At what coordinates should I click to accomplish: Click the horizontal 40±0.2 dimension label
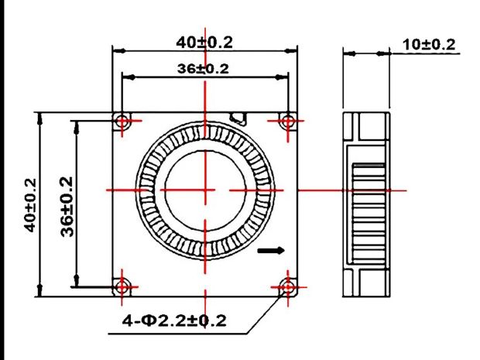tap(204, 43)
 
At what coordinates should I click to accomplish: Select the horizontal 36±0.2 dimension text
tap(203, 69)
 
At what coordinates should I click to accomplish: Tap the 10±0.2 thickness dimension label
tap(429, 45)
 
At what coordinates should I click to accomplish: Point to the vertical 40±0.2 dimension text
tap(31, 205)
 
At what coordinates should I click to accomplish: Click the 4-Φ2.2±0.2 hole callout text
tap(174, 321)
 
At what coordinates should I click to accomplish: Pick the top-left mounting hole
tap(122, 121)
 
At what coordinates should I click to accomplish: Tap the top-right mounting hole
tap(288, 121)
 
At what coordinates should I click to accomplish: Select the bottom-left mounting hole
tap(122, 287)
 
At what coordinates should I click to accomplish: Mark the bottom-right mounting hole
tap(288, 287)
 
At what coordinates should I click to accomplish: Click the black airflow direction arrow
tap(271, 251)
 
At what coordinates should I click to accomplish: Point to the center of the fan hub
tap(205, 190)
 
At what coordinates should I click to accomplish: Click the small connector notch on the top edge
tap(238, 118)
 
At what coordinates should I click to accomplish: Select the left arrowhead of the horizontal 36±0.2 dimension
tap(129, 77)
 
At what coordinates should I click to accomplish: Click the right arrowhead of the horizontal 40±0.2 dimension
tap(291, 51)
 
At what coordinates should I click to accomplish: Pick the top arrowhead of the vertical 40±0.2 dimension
tap(39, 118)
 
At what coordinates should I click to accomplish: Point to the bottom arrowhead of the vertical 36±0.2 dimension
tap(76, 280)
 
